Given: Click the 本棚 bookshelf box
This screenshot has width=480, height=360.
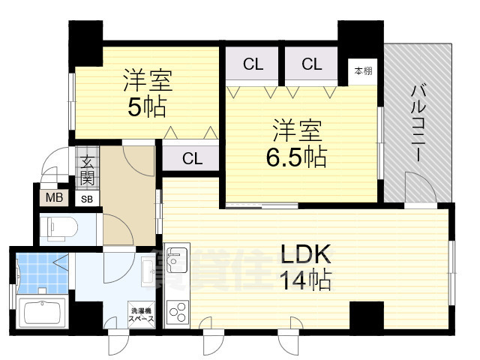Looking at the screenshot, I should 363,71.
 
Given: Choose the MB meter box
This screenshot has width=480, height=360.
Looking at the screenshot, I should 55,198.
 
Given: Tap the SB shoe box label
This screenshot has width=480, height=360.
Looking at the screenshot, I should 87,199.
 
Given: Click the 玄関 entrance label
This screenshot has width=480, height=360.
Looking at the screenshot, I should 87,170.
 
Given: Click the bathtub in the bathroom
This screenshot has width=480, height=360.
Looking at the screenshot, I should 43,311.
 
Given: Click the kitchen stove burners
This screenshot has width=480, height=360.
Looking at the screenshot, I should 178,310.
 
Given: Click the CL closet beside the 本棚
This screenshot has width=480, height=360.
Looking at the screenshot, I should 312,64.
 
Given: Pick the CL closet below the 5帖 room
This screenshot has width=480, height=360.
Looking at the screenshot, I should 192,159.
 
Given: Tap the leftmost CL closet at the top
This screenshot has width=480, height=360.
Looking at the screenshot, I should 253,64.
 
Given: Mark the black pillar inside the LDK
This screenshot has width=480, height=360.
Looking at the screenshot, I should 366,313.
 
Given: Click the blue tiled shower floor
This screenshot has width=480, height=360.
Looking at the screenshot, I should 42,273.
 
